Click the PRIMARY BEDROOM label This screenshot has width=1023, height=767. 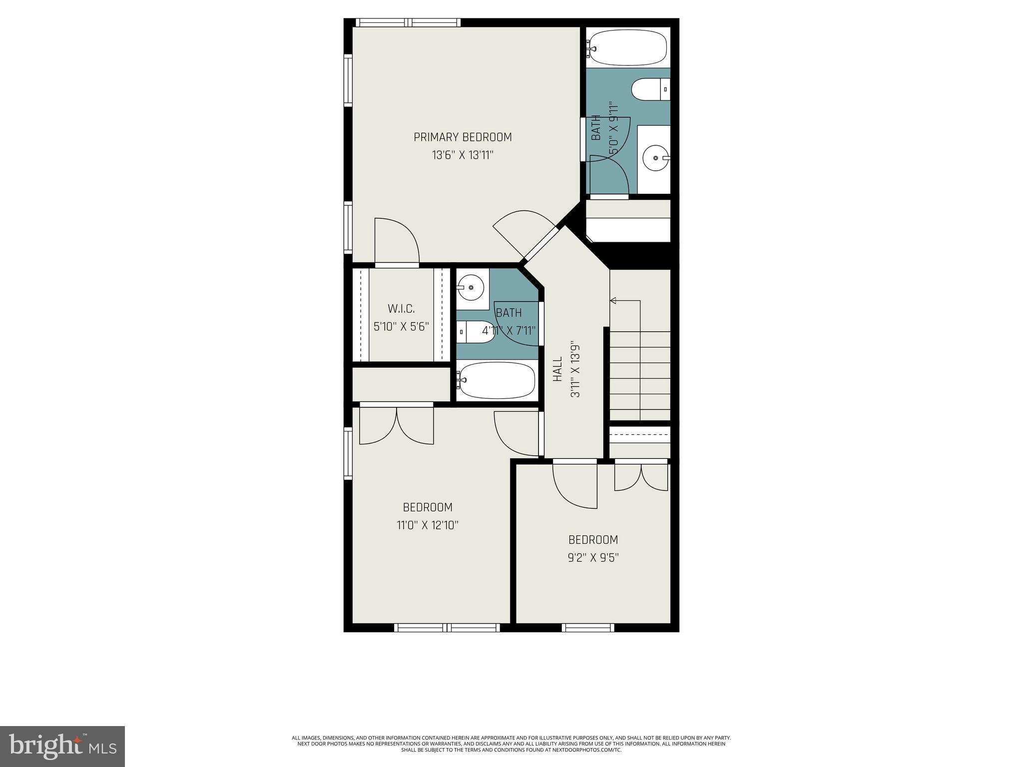[463, 137]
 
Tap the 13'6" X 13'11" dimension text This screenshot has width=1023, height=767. [463, 155]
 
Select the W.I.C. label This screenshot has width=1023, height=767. [401, 309]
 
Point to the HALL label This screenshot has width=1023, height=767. [558, 369]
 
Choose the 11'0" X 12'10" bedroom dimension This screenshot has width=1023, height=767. [428, 525]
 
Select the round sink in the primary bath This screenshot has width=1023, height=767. [654, 158]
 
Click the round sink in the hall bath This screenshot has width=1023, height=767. [471, 288]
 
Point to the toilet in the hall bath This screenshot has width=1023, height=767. [476, 332]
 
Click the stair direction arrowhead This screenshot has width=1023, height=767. [613, 301]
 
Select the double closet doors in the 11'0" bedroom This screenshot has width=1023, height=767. [397, 425]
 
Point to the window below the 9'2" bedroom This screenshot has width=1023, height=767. [588, 628]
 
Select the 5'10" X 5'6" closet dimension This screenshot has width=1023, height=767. [401, 327]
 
